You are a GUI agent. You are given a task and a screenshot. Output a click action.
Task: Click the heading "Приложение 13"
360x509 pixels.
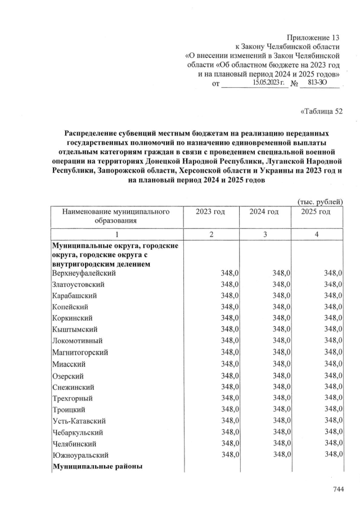314,37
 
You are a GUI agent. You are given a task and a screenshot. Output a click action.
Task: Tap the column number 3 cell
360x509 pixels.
264,235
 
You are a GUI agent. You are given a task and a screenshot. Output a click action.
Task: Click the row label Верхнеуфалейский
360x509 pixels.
84,273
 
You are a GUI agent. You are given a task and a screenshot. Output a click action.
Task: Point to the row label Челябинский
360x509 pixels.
74,443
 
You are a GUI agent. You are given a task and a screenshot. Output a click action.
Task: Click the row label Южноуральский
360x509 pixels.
80,454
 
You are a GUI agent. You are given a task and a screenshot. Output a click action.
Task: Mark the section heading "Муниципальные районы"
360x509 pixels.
97,467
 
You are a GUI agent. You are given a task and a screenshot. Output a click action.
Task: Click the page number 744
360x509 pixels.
337,490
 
